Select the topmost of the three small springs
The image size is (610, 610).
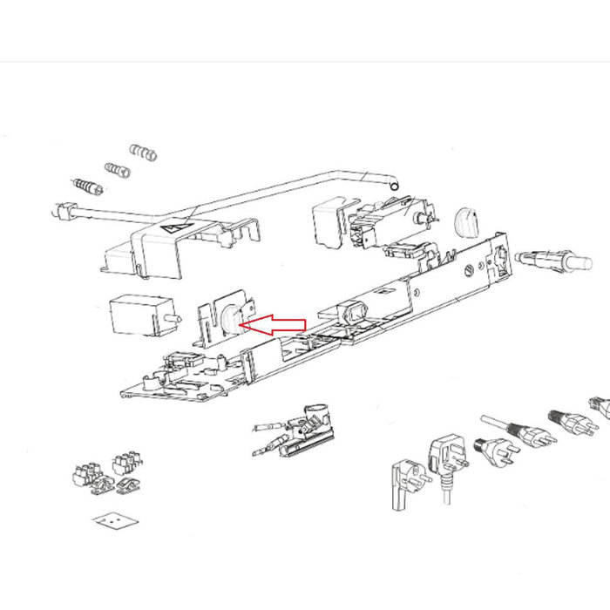pos(144,153)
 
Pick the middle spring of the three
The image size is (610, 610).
pos(118,169)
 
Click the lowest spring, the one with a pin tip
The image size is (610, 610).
pos(88,186)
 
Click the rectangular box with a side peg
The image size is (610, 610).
pos(139,315)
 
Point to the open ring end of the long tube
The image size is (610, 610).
pos(394,185)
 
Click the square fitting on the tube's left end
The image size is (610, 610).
pos(63,212)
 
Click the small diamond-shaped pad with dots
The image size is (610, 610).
pos(115,520)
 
